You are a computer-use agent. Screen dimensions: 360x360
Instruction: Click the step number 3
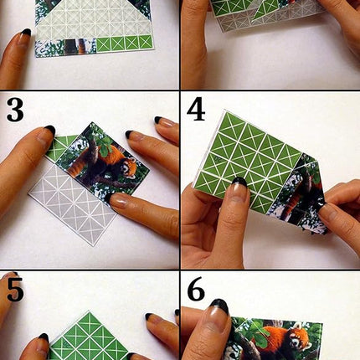(x=14, y=110)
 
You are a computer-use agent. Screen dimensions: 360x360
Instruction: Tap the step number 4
(x=196, y=110)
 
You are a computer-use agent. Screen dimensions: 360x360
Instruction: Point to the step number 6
(x=196, y=290)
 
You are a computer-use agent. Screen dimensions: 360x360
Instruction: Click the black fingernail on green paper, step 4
(x=239, y=182)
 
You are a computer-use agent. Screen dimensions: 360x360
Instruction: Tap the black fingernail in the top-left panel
(x=26, y=33)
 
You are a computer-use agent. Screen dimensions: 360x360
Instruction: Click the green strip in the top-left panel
(x=126, y=43)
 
